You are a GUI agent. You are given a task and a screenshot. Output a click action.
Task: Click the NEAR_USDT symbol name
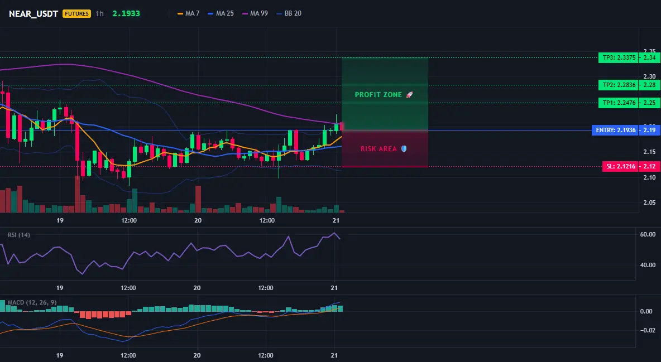(x=33, y=13)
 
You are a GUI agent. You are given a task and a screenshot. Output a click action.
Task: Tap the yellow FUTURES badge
(x=76, y=13)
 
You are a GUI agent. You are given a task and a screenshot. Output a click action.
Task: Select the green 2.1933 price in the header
(x=126, y=13)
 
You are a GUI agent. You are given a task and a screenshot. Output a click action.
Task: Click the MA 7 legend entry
(x=189, y=13)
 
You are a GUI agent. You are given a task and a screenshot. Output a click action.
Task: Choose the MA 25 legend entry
(x=221, y=13)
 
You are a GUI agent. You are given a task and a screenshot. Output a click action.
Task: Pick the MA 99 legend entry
(x=255, y=13)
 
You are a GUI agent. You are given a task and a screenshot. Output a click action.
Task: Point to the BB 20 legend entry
(x=289, y=13)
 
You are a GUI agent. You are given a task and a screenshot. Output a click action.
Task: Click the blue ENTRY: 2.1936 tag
(x=615, y=130)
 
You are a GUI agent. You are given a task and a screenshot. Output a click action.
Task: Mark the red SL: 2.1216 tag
(x=620, y=166)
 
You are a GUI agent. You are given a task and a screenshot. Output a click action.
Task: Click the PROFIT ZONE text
(x=378, y=95)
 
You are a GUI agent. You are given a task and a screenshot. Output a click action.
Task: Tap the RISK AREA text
(x=379, y=149)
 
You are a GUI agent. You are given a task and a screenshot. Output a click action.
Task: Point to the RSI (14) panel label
(x=19, y=235)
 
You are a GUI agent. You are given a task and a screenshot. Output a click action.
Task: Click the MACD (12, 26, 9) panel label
(x=32, y=302)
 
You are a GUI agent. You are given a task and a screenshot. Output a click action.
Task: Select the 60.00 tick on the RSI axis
(x=648, y=234)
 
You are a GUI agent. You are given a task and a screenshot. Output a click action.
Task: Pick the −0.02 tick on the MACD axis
(x=647, y=330)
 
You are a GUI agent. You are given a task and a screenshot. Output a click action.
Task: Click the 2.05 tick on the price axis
(x=650, y=202)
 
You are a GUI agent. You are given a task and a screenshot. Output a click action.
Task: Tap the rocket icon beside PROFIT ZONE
(x=409, y=95)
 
